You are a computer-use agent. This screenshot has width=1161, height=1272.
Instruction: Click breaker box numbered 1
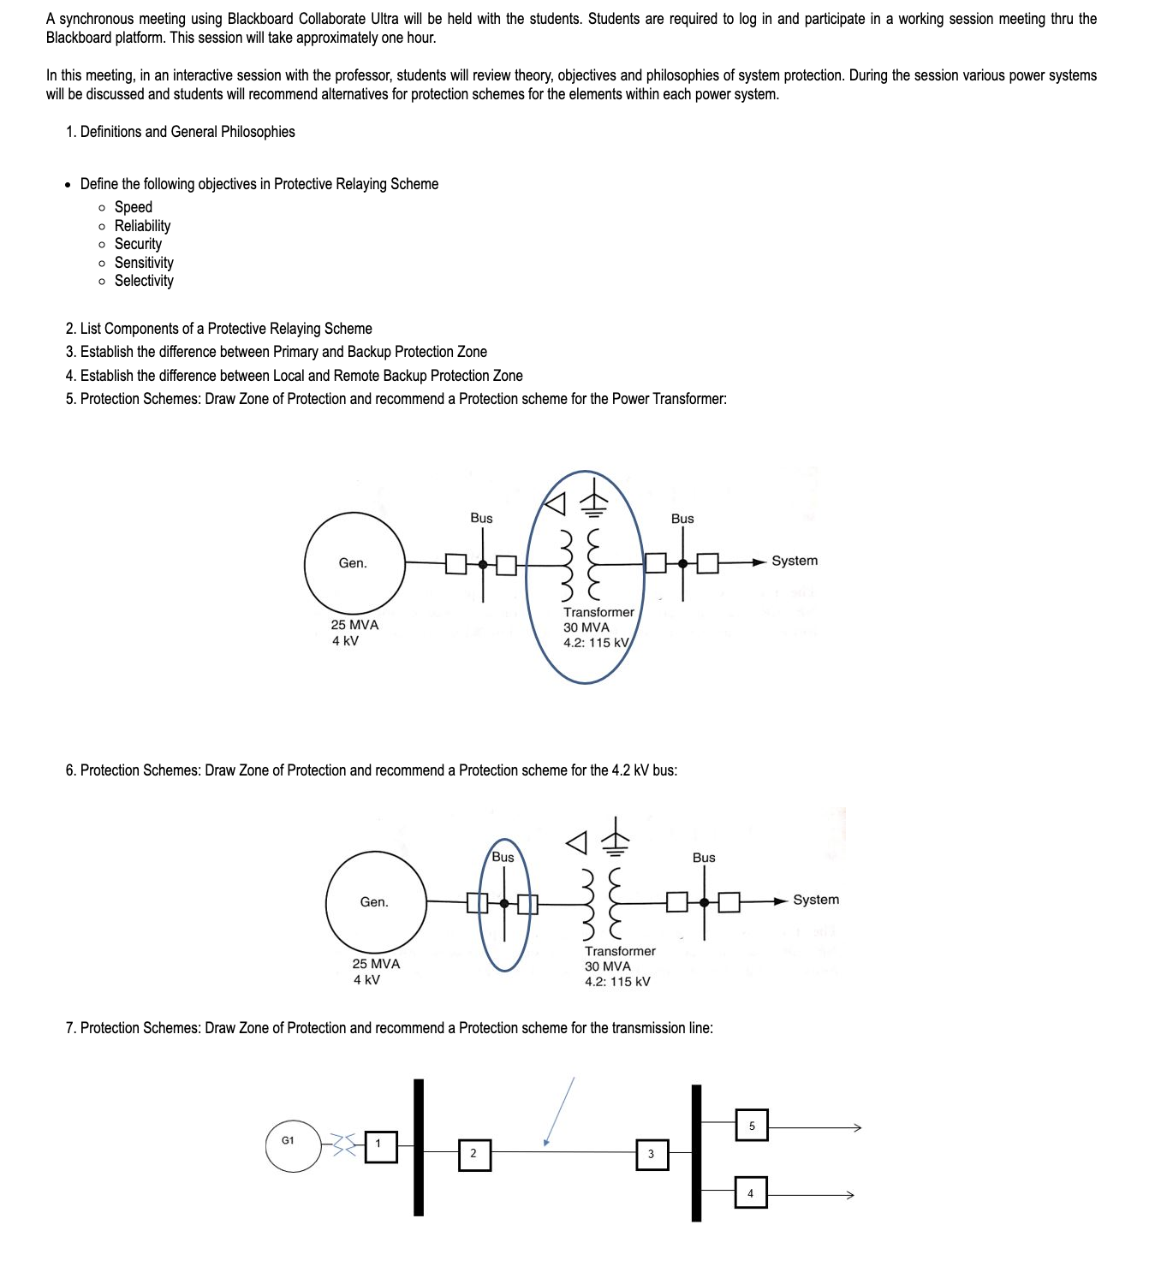tap(381, 1146)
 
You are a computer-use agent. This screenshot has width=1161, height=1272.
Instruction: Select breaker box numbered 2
tap(474, 1154)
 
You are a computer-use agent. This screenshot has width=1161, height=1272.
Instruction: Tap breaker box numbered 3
tap(652, 1154)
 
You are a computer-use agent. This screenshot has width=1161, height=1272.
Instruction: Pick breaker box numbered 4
tap(750, 1192)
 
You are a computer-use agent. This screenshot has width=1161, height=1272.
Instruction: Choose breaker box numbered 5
tap(752, 1125)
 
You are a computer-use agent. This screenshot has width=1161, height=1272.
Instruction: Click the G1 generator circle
tap(291, 1144)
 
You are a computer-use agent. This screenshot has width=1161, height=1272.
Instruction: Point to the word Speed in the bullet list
tap(134, 207)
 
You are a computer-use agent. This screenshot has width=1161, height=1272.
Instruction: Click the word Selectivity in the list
tap(144, 281)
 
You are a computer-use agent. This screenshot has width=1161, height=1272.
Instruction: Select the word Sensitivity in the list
tap(144, 263)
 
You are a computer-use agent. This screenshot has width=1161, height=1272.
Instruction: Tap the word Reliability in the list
tap(142, 226)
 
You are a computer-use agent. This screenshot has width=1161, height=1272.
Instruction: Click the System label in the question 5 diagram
tap(795, 561)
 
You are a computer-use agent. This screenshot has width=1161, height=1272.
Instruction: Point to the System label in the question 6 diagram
tap(816, 900)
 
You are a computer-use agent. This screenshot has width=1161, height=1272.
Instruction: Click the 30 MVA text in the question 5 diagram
tap(586, 627)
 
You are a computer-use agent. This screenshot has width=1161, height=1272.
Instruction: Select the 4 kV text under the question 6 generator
tap(366, 979)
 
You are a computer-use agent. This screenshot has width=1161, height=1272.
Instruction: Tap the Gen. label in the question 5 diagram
tap(353, 563)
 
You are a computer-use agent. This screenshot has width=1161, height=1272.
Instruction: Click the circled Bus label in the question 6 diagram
tap(503, 857)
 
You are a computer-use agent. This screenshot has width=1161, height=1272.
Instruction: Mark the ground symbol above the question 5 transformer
tap(593, 501)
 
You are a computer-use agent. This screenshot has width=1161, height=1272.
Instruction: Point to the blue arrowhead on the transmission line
tap(545, 1142)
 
